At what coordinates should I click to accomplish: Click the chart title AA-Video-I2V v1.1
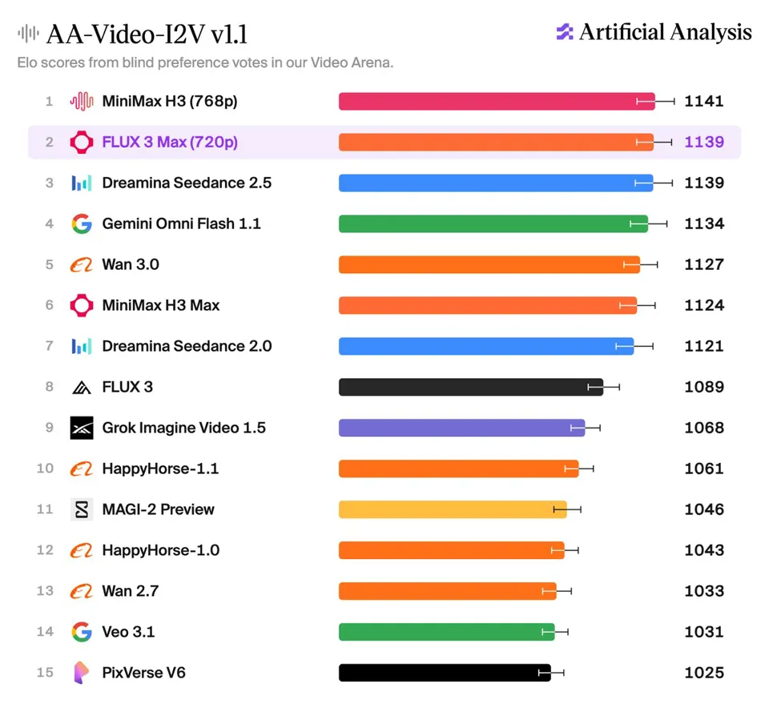[x=147, y=34]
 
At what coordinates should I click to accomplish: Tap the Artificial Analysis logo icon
[x=565, y=32]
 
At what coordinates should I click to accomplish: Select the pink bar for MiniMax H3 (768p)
[x=497, y=102]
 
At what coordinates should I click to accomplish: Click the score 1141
[x=704, y=102]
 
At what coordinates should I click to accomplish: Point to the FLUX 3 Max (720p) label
[x=170, y=143]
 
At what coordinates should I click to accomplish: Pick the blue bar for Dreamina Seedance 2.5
[x=496, y=183]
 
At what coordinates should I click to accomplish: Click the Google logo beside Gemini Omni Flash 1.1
[x=82, y=223]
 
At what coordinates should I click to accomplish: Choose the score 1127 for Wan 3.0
[x=704, y=265]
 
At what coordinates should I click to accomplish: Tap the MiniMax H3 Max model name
[x=161, y=305]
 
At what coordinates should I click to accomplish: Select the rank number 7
[x=49, y=346]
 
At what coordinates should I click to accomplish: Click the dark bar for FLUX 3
[x=471, y=388]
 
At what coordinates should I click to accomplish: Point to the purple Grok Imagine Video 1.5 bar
[x=462, y=428]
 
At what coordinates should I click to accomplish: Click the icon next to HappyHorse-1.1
[x=82, y=469]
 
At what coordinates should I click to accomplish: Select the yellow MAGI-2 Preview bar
[x=453, y=510]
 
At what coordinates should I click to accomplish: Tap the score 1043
[x=704, y=550]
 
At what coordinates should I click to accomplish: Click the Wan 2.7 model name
[x=131, y=591]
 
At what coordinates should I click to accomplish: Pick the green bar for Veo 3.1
[x=447, y=632]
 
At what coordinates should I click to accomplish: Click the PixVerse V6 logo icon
[x=82, y=673]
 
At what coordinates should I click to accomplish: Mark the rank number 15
[x=45, y=673]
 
